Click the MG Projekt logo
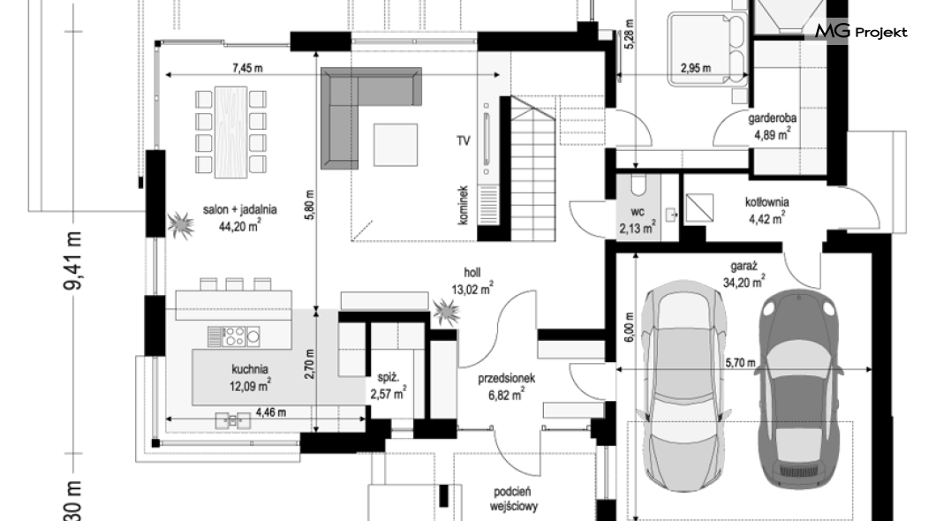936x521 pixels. pos(861,31)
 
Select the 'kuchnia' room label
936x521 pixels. pos(250,369)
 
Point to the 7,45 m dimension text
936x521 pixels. pos(247,68)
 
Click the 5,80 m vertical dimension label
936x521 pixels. pos(309,205)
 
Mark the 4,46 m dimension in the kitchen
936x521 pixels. pos(270,412)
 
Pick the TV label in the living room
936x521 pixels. pos(464,140)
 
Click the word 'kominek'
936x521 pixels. pos(464,205)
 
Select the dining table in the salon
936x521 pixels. pos(230,132)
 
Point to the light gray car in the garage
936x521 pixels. pos(683,386)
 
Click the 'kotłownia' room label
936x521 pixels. pos(767,202)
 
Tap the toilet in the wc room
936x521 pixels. pos(638,185)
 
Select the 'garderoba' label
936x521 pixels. pos(773,118)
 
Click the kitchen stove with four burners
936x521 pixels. pos(233,336)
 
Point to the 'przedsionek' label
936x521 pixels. pos(506,378)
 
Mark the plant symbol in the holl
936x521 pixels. pos(446,312)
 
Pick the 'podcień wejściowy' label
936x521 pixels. pos(513,500)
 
